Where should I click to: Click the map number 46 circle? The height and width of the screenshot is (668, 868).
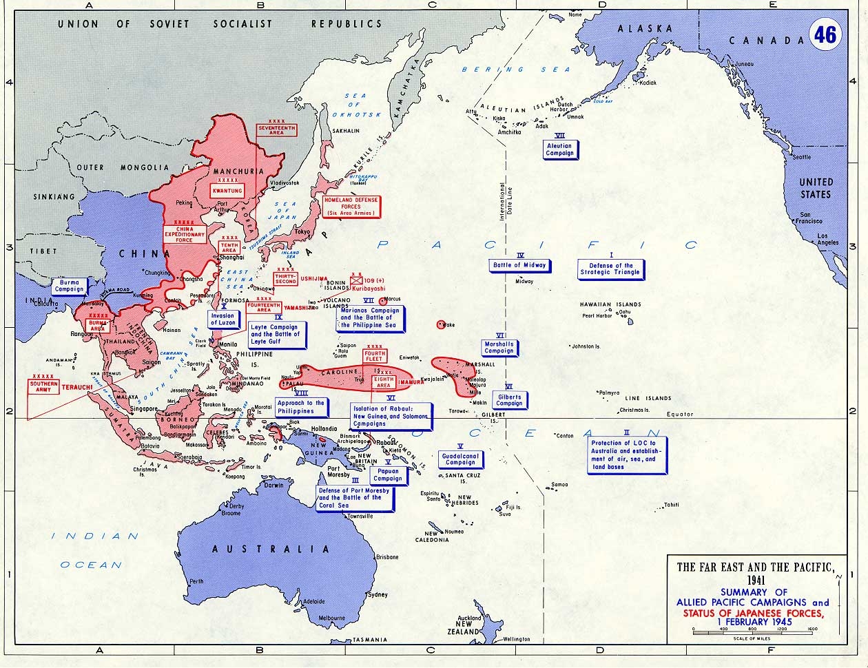tap(824, 34)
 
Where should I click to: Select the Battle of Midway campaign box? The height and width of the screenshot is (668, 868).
tap(519, 265)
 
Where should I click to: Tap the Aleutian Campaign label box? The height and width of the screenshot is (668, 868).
tap(559, 149)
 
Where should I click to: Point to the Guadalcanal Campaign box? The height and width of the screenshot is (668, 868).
tap(460, 459)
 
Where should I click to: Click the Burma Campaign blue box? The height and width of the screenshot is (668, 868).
tap(70, 286)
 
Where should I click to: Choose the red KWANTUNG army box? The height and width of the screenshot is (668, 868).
tap(227, 190)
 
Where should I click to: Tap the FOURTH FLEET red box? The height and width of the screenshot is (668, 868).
tap(375, 357)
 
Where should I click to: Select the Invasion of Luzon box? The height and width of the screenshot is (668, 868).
tap(223, 319)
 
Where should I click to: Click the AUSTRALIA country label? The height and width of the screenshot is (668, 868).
tap(271, 549)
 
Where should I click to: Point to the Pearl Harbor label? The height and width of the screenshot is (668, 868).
tap(597, 316)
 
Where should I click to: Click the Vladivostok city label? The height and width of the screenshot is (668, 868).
tap(284, 182)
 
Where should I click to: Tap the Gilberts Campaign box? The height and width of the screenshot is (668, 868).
tap(509, 400)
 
